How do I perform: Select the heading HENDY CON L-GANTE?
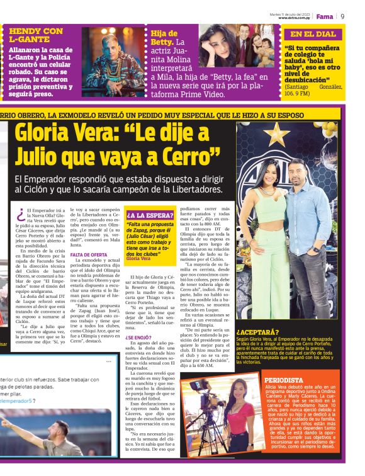(x=36, y=35)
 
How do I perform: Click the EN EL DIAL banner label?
(x=313, y=34)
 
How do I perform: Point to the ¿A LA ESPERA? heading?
(x=149, y=215)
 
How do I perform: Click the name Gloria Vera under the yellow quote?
(x=138, y=258)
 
